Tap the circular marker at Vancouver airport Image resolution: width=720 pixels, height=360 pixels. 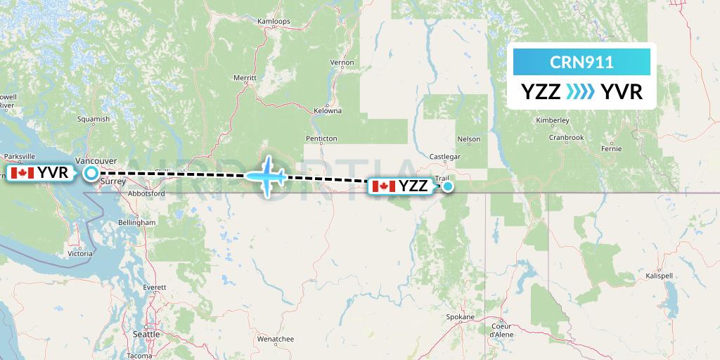coord(91,172)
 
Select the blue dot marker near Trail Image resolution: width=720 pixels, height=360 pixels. coord(448,186)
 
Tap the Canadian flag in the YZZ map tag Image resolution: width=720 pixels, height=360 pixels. coord(383,186)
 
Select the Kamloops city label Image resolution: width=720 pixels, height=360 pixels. coord(274,21)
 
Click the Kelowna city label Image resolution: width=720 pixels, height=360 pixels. coord(328,111)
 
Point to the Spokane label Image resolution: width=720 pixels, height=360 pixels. coord(460,317)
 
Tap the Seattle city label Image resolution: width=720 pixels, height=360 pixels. coord(146,334)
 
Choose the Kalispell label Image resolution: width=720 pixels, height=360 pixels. coord(659,276)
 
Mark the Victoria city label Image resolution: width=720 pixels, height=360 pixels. coord(80,253)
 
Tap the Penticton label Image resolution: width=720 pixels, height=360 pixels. coord(321,139)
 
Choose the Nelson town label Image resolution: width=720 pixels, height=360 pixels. coord(469,139)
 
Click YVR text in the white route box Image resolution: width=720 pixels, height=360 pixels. coord(622,92)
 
